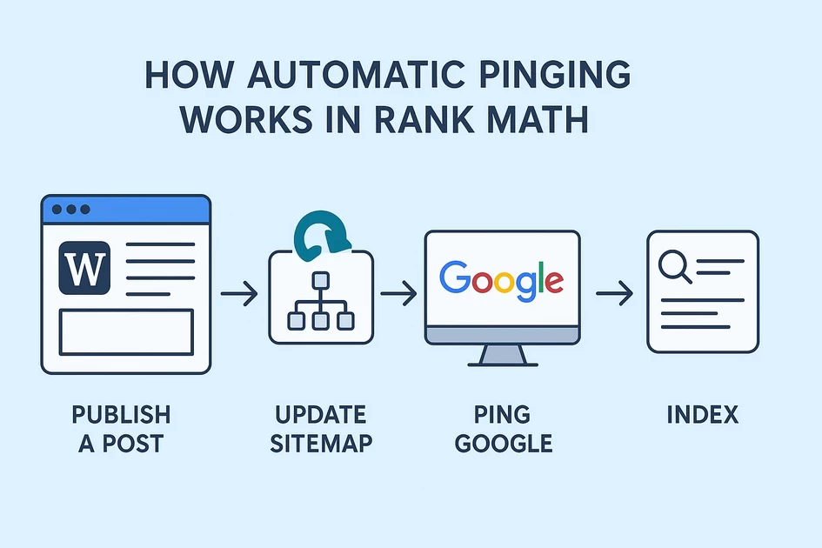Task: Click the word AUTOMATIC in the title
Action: [352, 76]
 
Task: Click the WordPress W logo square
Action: [84, 267]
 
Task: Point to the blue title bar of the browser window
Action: [125, 210]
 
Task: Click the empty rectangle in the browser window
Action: [125, 331]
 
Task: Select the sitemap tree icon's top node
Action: [320, 280]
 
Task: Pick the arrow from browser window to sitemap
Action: [238, 296]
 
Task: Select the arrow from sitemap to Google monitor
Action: [398, 296]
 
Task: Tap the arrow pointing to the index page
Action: [614, 296]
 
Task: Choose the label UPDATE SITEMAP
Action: [321, 428]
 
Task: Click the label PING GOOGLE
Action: [504, 428]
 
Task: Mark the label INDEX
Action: [702, 415]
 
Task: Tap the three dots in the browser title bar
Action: [71, 210]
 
